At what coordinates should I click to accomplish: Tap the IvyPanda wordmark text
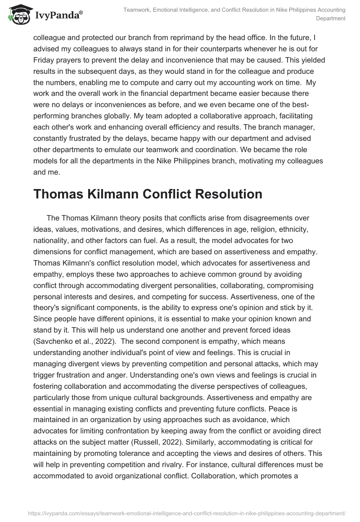tap(59, 16)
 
